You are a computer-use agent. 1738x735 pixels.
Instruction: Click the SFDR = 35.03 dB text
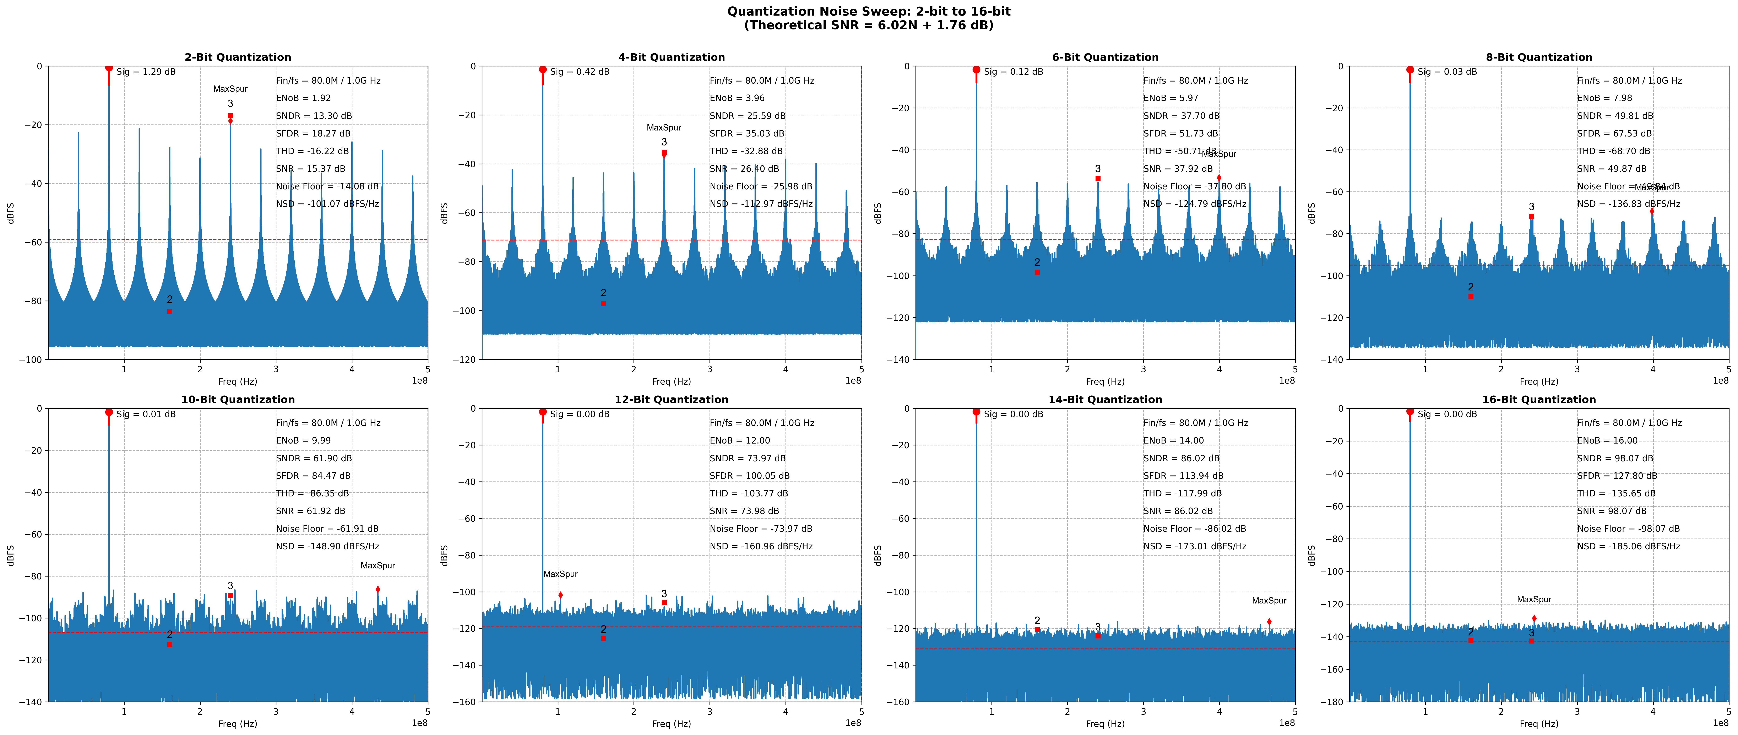point(746,134)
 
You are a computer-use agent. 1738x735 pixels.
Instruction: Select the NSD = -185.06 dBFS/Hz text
point(1628,546)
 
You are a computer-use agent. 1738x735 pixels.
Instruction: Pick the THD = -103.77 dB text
point(748,494)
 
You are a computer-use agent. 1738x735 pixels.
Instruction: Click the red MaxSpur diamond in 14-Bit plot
point(1269,622)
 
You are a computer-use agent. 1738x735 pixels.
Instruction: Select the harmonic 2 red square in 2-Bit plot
point(169,312)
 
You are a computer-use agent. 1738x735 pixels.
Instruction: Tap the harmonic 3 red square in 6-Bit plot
point(1098,179)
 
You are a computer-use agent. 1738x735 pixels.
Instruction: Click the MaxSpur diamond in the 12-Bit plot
point(560,595)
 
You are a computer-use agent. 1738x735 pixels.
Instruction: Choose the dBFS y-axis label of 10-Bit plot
point(10,555)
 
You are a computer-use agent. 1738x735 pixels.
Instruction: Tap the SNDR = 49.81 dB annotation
point(1614,116)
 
